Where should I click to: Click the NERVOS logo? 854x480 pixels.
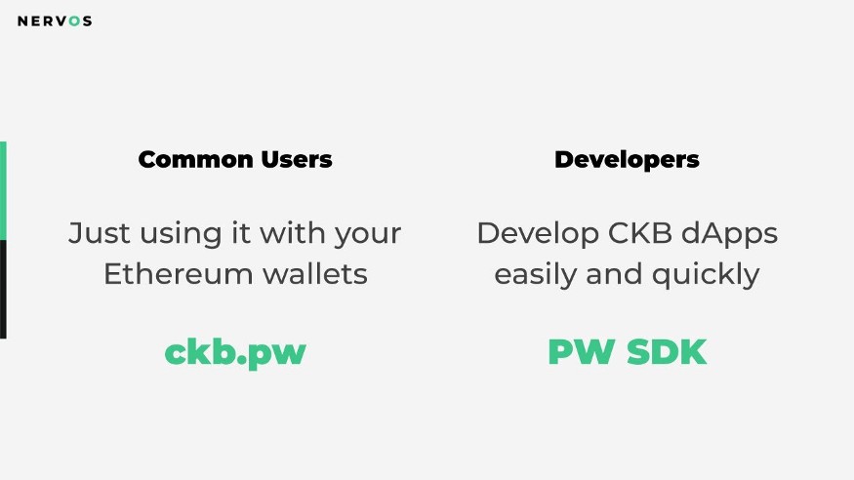click(x=55, y=21)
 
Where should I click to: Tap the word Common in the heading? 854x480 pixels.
click(x=195, y=159)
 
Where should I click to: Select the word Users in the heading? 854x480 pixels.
click(x=297, y=159)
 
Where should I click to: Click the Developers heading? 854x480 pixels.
click(x=627, y=160)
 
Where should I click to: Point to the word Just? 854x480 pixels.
click(x=100, y=233)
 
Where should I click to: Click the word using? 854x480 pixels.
click(x=181, y=235)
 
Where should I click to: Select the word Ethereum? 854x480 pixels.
click(x=178, y=273)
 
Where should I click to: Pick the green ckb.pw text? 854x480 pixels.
click(x=235, y=353)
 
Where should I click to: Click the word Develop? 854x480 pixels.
click(x=538, y=235)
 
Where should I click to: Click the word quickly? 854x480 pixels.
click(x=706, y=275)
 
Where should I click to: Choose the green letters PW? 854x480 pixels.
click(x=582, y=351)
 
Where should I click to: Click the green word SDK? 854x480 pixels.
click(x=667, y=351)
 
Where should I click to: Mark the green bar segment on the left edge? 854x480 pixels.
click(x=3, y=191)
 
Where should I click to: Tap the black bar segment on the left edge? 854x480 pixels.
click(x=3, y=290)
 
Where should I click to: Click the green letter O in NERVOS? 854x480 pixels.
click(x=74, y=21)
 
